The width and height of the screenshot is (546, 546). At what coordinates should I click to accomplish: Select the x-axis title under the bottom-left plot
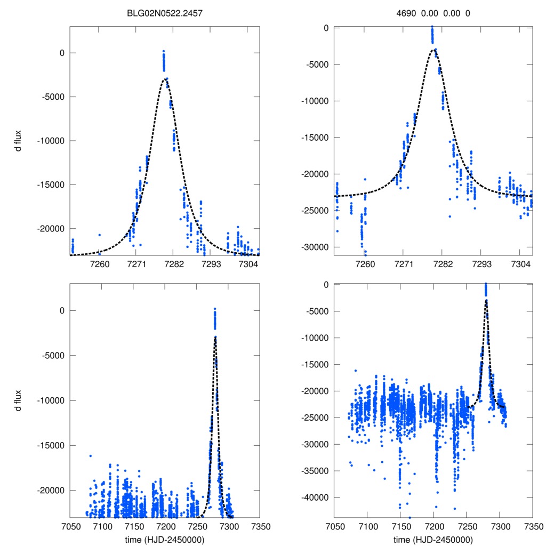point(165,539)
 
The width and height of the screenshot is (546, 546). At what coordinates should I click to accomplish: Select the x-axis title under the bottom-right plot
point(433,539)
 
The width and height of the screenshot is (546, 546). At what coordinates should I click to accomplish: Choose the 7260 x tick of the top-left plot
point(99,265)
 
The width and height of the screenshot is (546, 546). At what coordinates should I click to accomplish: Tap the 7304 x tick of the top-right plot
point(520,265)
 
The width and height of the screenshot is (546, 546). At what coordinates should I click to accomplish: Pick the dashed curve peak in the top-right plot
point(432,50)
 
